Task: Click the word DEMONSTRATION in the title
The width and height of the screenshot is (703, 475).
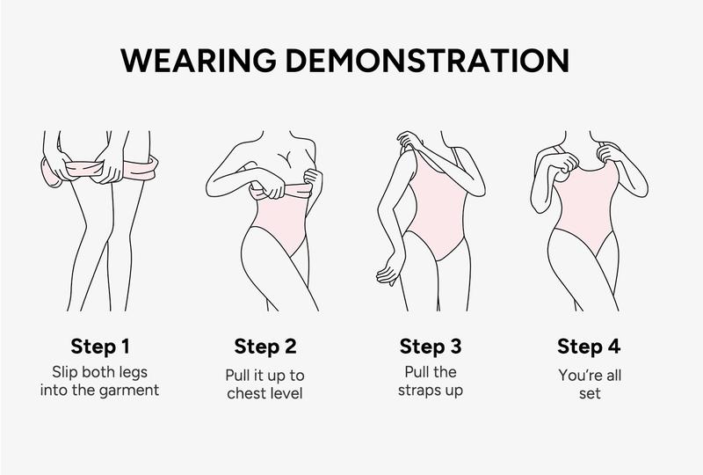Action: pyautogui.click(x=437, y=60)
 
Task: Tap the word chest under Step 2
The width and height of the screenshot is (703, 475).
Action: pyautogui.click(x=244, y=393)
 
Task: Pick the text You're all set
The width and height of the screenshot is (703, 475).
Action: pyautogui.click(x=590, y=384)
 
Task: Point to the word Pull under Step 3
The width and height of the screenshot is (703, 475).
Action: pyautogui.click(x=417, y=370)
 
